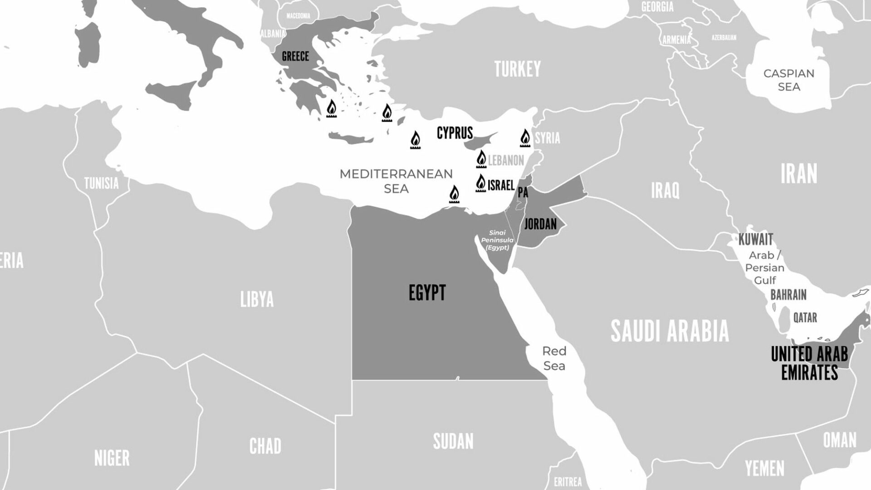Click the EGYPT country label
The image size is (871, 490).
tap(427, 293)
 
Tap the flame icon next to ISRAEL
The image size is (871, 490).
tap(480, 183)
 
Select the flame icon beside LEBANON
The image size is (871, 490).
tap(481, 159)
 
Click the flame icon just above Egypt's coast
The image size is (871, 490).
tap(454, 195)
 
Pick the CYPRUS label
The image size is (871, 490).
tap(455, 133)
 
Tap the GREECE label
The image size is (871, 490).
tap(295, 57)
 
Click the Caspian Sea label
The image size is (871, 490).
tap(788, 80)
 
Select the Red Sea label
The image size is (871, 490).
tap(554, 358)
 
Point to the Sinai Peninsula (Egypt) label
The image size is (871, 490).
tap(497, 240)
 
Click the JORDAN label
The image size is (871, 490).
tap(540, 224)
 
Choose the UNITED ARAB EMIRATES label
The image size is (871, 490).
tap(809, 363)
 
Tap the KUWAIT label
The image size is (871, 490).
tap(755, 239)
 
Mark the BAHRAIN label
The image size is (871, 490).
tap(788, 295)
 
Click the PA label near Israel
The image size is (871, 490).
tap(523, 193)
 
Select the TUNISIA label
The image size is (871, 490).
tap(101, 184)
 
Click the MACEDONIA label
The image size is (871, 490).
tap(298, 16)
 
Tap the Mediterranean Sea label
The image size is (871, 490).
tap(396, 181)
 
